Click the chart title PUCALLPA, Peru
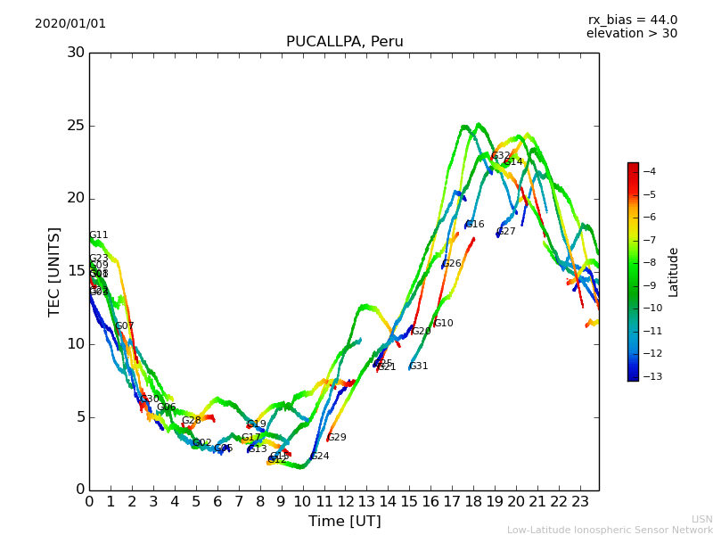click(x=344, y=42)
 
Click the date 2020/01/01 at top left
click(x=70, y=24)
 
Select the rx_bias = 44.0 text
click(x=632, y=21)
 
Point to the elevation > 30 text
click(x=631, y=34)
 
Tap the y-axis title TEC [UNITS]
click(x=55, y=271)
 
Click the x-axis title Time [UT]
click(x=344, y=521)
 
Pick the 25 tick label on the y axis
click(x=75, y=126)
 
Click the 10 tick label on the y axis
click(x=75, y=344)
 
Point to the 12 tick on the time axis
click(x=345, y=502)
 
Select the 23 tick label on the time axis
click(x=579, y=502)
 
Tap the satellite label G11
click(x=98, y=235)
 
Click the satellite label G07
click(x=125, y=326)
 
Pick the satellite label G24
click(x=320, y=457)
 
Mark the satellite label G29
click(x=337, y=438)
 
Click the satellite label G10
click(x=443, y=324)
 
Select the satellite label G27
click(x=506, y=232)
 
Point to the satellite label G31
click(x=419, y=366)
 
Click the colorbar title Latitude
click(x=674, y=271)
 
